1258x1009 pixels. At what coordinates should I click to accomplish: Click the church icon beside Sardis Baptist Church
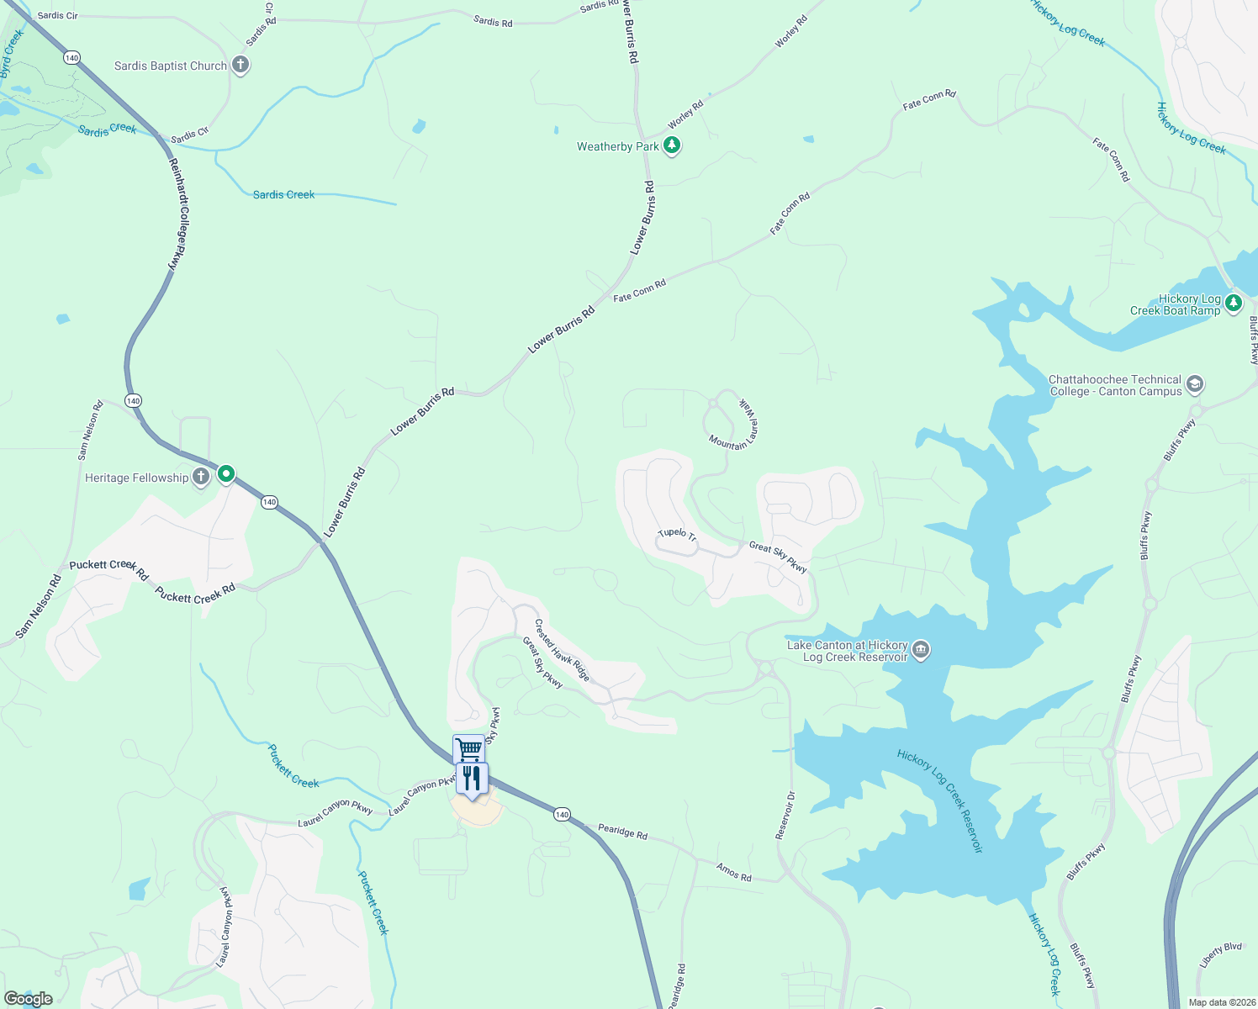[240, 65]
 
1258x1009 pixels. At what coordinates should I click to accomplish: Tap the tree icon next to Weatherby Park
[671, 145]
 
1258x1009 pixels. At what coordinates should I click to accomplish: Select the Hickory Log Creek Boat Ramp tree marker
[1233, 303]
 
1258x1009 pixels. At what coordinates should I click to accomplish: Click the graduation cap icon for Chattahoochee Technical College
[1195, 385]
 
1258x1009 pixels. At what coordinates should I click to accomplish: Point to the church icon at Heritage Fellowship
[201, 477]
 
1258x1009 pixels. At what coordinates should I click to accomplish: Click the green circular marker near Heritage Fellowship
[226, 474]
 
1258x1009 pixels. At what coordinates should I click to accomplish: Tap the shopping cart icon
[469, 748]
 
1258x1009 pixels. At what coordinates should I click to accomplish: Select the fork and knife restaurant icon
[472, 778]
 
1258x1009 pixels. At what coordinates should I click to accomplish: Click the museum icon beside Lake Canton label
[921, 650]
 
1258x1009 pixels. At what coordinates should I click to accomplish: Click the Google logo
[29, 999]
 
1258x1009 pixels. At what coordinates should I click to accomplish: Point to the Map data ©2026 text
[1221, 1002]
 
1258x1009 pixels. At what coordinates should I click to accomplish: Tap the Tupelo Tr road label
[677, 534]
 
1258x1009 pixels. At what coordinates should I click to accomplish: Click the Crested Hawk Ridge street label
[563, 650]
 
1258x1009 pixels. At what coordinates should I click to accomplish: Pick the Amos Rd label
[733, 872]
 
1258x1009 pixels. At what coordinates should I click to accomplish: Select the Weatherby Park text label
[618, 146]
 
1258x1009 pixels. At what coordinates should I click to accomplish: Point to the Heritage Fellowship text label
[136, 478]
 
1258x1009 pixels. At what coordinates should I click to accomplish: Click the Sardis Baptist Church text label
[171, 66]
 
